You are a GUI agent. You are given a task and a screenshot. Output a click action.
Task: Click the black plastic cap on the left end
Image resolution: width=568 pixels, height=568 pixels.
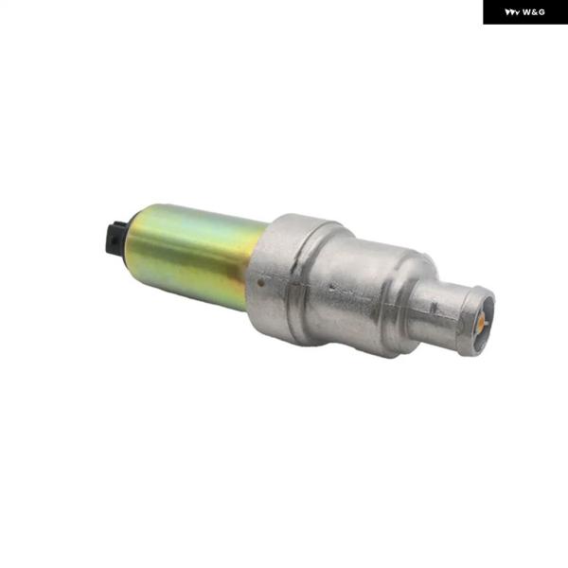(115, 239)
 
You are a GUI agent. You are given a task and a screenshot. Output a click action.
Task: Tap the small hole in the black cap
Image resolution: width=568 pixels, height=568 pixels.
(115, 240)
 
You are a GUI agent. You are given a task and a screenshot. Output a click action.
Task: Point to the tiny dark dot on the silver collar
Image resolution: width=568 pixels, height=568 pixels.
(260, 281)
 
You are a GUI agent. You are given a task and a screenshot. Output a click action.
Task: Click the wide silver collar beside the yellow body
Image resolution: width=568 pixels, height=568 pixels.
(279, 275)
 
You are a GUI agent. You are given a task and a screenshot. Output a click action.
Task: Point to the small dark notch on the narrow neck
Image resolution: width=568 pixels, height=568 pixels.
(434, 309)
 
